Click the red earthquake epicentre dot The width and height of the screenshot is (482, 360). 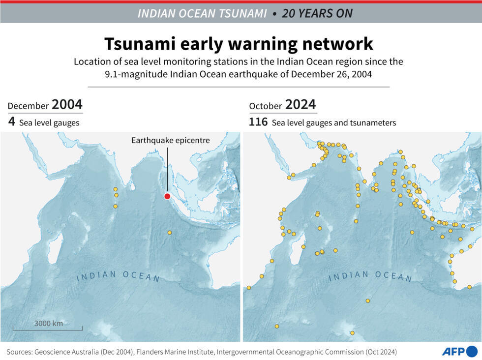[x=167, y=197]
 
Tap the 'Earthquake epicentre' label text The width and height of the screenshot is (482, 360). [x=170, y=140]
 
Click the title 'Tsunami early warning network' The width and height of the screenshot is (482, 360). [x=239, y=44]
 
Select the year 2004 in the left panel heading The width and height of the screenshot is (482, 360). [x=67, y=105]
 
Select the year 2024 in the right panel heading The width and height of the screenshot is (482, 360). [x=301, y=105]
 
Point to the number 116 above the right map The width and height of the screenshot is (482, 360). [x=258, y=122]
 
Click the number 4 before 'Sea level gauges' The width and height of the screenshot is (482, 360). [x=11, y=122]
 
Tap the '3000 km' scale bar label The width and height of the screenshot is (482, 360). [x=48, y=323]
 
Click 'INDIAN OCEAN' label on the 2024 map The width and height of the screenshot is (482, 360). [x=370, y=276]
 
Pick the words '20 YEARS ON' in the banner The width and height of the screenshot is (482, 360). [x=317, y=13]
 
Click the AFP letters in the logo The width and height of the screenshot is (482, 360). [x=452, y=351]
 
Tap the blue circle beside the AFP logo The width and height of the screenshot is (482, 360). [x=472, y=351]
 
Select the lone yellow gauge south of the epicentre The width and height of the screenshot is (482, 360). [x=170, y=233]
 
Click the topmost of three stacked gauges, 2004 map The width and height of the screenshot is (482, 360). [x=116, y=189]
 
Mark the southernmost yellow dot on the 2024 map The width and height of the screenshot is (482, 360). [x=352, y=333]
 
